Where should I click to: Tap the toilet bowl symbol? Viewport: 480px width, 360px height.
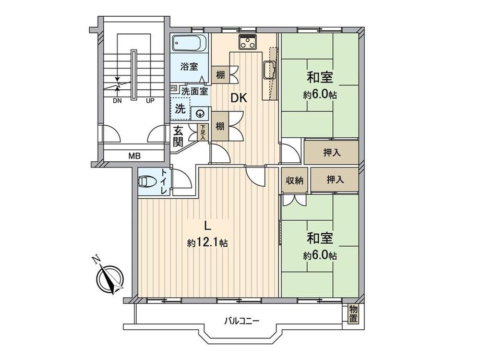tap(145, 182)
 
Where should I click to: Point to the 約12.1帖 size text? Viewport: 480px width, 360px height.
tap(208, 243)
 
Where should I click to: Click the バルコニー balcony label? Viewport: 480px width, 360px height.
tap(242, 320)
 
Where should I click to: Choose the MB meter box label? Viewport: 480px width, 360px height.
tap(134, 155)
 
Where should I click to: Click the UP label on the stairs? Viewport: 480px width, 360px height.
tap(149, 101)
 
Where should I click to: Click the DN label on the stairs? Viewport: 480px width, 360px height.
tap(117, 101)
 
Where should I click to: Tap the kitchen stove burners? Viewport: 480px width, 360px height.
tap(248, 41)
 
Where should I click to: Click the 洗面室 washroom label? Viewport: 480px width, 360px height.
tap(194, 91)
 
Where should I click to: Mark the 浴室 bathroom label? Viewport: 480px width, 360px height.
tap(189, 66)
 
